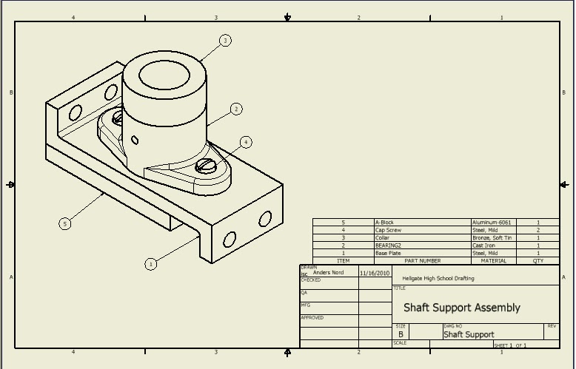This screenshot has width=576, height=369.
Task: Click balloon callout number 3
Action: coord(226,40)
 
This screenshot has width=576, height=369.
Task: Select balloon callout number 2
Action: coord(236,109)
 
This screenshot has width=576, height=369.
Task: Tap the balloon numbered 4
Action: coord(246,142)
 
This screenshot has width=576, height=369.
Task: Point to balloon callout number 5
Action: coord(65,223)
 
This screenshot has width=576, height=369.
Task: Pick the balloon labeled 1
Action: coord(151,264)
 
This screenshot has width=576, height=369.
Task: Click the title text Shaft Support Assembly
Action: coord(461,308)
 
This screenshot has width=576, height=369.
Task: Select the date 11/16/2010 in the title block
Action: coord(375,273)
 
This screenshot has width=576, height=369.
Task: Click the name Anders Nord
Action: coord(328,273)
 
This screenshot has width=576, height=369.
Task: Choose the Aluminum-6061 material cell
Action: coord(492,223)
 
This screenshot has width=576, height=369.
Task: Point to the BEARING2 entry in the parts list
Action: coord(388,246)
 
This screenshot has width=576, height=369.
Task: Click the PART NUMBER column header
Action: coord(422,260)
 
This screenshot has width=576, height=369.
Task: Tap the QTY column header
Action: coord(538,260)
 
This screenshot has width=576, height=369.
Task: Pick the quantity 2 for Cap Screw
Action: coord(538,230)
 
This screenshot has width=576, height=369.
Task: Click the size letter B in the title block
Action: coord(401,334)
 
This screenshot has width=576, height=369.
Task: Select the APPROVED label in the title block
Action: coord(312,318)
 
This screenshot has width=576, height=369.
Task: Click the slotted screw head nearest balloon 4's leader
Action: coord(206,168)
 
